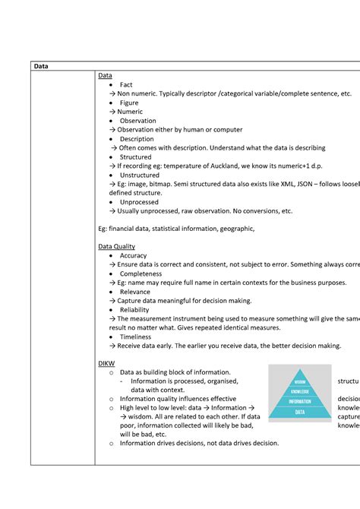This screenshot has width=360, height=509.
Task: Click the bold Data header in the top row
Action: pyautogui.click(x=41, y=66)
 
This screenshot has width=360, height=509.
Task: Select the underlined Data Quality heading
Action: pyautogui.click(x=117, y=246)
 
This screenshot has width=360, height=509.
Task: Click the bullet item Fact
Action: pyautogui.click(x=127, y=84)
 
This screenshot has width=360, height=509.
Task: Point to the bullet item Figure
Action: pyautogui.click(x=129, y=103)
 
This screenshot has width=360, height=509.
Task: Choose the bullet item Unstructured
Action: pyautogui.click(x=140, y=175)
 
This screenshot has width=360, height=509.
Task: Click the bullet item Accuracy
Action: pyautogui.click(x=134, y=255)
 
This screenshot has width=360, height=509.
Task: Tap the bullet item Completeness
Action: pyautogui.click(x=141, y=273)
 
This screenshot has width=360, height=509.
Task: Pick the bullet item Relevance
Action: pyautogui.click(x=135, y=292)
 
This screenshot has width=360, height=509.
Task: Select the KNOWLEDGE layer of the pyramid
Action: pyautogui.click(x=299, y=390)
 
